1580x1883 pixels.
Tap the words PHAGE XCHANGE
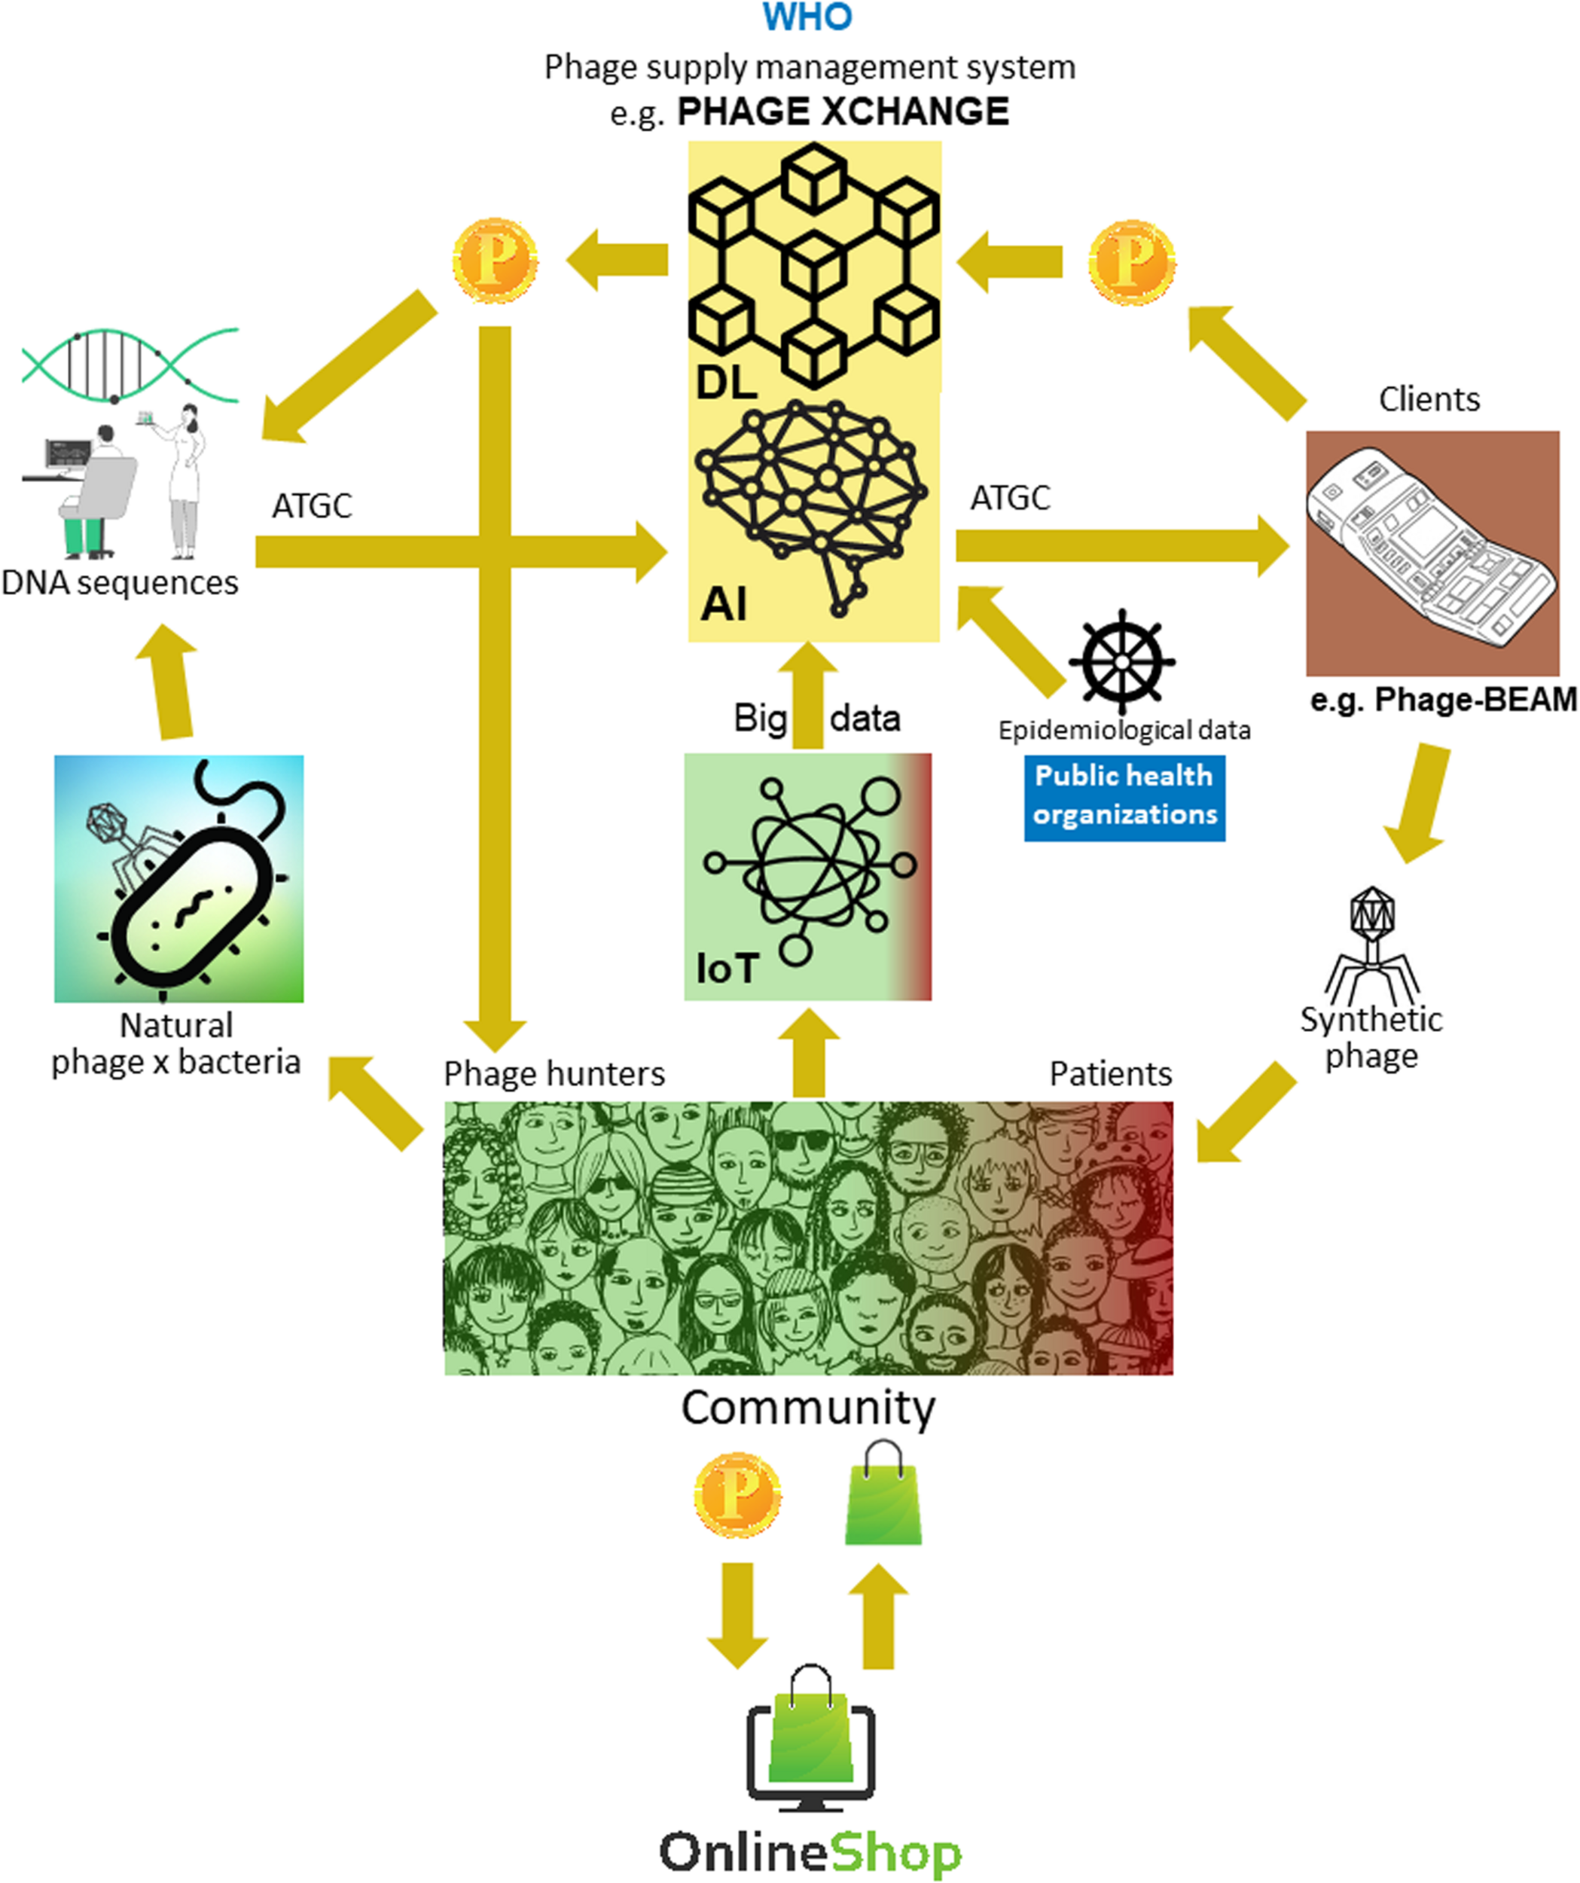842,112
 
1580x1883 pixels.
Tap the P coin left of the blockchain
494,261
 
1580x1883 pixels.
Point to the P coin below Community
737,1497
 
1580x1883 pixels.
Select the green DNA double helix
130,366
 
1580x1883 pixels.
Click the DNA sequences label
119,583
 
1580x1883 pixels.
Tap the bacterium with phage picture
179,879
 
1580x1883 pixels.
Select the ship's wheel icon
1122,662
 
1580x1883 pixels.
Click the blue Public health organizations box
1124,795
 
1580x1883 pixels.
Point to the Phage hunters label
554,1073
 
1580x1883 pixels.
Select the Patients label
1110,1073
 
